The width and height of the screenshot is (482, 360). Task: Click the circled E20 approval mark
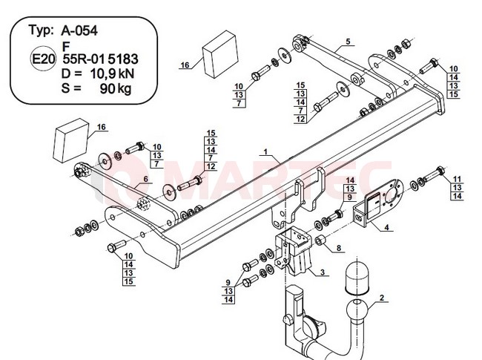[x=43, y=59]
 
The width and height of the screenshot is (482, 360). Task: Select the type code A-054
[x=79, y=30]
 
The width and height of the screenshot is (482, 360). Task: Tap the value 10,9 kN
[x=112, y=73]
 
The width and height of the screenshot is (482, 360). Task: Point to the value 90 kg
[x=115, y=88]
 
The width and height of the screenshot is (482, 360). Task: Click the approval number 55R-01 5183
[x=101, y=59]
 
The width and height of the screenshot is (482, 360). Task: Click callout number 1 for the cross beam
[x=266, y=151]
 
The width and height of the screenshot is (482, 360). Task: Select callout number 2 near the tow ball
[x=382, y=298]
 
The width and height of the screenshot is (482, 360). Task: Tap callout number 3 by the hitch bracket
[x=323, y=272]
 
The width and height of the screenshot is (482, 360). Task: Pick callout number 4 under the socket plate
[x=386, y=227]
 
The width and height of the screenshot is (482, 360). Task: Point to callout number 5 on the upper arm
[x=348, y=42]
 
